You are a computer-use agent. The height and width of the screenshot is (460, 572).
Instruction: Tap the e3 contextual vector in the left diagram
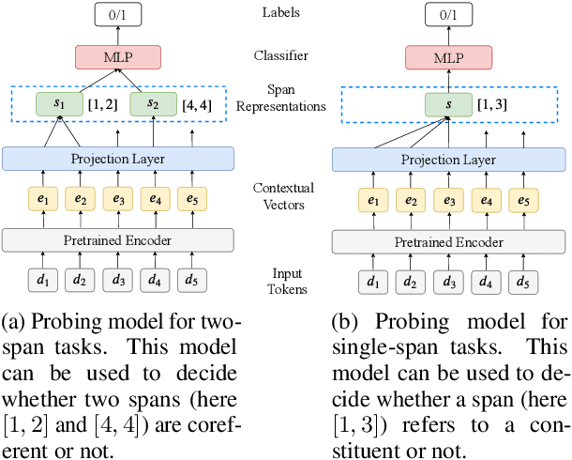tap(118, 199)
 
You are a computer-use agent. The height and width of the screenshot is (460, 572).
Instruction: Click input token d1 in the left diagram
tap(44, 280)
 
